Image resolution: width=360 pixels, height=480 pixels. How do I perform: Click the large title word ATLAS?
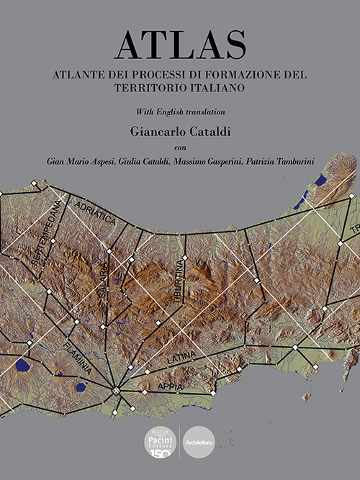point(179,45)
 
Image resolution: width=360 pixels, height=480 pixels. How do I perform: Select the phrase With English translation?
point(179,112)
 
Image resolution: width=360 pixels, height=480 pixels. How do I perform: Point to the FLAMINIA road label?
point(77,357)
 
